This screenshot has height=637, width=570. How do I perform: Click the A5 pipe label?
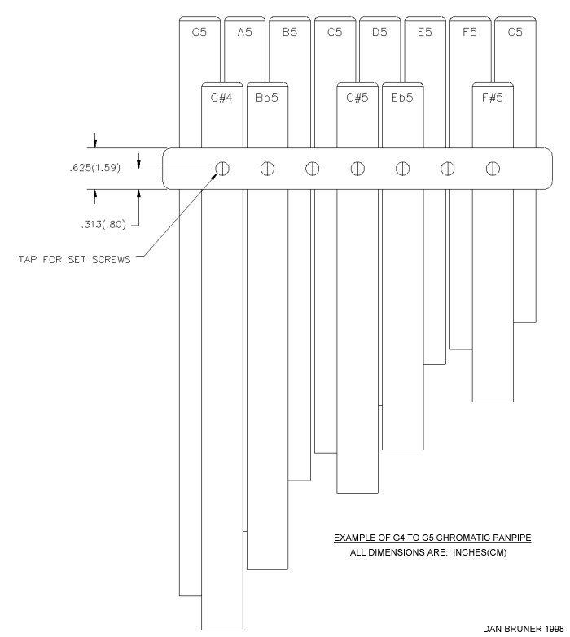click(244, 32)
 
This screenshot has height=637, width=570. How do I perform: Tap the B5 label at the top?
click(289, 32)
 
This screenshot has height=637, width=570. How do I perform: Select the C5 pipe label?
click(335, 32)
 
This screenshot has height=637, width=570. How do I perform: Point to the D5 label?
click(379, 32)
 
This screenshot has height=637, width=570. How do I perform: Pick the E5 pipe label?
click(425, 32)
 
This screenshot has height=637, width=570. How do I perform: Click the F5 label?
click(470, 32)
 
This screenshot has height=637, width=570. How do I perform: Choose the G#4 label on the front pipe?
click(221, 98)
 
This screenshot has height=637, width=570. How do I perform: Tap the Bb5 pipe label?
click(267, 98)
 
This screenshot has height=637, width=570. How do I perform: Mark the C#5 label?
click(357, 98)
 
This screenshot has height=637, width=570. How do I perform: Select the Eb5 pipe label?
click(402, 98)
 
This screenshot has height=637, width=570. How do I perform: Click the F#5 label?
click(493, 98)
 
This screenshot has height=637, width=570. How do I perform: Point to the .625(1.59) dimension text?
click(95, 168)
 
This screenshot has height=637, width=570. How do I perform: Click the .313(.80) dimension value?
click(103, 224)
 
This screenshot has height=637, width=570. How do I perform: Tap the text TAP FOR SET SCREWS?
click(74, 260)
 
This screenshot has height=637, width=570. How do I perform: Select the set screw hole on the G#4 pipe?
click(222, 168)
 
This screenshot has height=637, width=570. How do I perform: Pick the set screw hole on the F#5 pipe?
click(493, 168)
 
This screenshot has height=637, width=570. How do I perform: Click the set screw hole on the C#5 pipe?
click(357, 168)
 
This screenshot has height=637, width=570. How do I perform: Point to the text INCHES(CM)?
click(480, 552)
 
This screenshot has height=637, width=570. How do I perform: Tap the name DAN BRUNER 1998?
click(524, 629)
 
